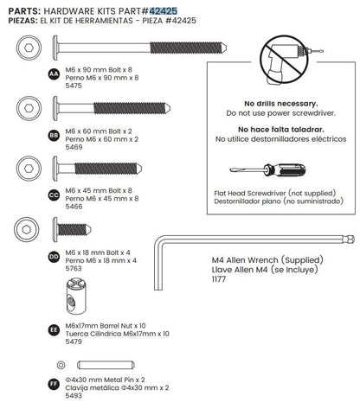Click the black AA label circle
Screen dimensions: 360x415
(x=54, y=74)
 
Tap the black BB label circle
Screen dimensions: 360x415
(x=54, y=136)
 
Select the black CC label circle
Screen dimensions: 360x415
(x=54, y=195)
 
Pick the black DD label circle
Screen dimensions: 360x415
(x=54, y=257)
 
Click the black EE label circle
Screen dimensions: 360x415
(x=54, y=330)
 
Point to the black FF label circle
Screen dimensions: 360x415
(x=54, y=384)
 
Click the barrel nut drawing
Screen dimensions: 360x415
(x=76, y=296)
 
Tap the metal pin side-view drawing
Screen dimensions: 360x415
(x=106, y=365)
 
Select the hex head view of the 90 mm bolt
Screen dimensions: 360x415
(x=29, y=48)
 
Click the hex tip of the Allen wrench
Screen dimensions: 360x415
(x=350, y=239)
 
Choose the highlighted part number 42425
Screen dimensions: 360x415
(x=163, y=11)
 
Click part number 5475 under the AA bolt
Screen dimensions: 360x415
(x=74, y=86)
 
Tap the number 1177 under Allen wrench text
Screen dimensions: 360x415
(x=219, y=279)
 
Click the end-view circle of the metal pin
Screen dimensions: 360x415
(x=61, y=365)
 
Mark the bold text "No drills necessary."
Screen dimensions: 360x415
(x=281, y=104)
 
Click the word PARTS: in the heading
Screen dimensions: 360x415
(x=24, y=11)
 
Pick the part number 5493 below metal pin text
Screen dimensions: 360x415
(x=74, y=396)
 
